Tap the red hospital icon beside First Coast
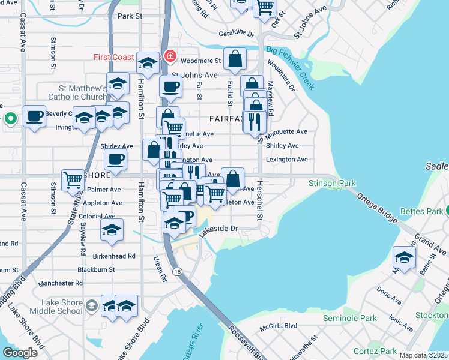[x=170, y=57]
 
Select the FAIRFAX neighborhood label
[x=226, y=119]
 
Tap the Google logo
[x=20, y=352]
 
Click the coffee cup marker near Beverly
[x=35, y=116]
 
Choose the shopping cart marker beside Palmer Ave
[x=73, y=179]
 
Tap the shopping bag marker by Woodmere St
[x=235, y=59]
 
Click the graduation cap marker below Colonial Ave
[x=112, y=231]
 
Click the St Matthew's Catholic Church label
[x=77, y=92]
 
